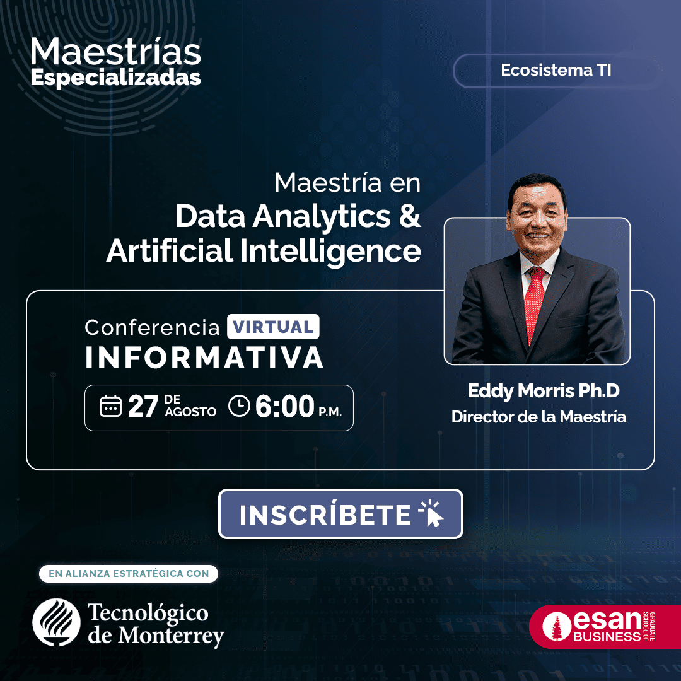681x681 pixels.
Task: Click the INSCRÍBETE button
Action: (x=340, y=514)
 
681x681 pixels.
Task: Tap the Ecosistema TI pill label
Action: (x=556, y=71)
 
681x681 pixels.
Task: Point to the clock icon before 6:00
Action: (x=239, y=405)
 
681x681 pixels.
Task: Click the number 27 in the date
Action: (x=143, y=407)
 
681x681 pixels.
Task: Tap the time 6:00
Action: (x=284, y=407)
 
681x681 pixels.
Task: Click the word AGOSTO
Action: (x=190, y=412)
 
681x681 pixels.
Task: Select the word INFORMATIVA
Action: (x=204, y=357)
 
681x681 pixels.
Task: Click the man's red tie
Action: (x=535, y=296)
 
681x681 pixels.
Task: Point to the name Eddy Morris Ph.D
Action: (x=543, y=391)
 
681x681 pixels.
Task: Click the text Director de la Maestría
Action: (x=538, y=417)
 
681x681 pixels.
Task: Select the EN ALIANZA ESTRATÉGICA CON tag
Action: (x=129, y=574)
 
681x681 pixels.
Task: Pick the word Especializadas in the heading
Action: (x=116, y=77)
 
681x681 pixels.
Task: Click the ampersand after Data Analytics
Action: (x=410, y=216)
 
